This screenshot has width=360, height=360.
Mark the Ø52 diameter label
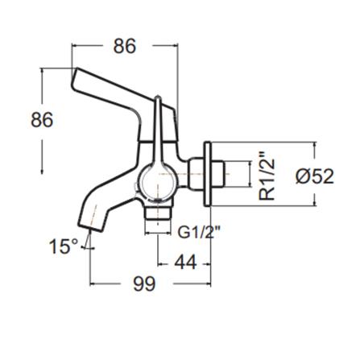[x=314, y=176]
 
